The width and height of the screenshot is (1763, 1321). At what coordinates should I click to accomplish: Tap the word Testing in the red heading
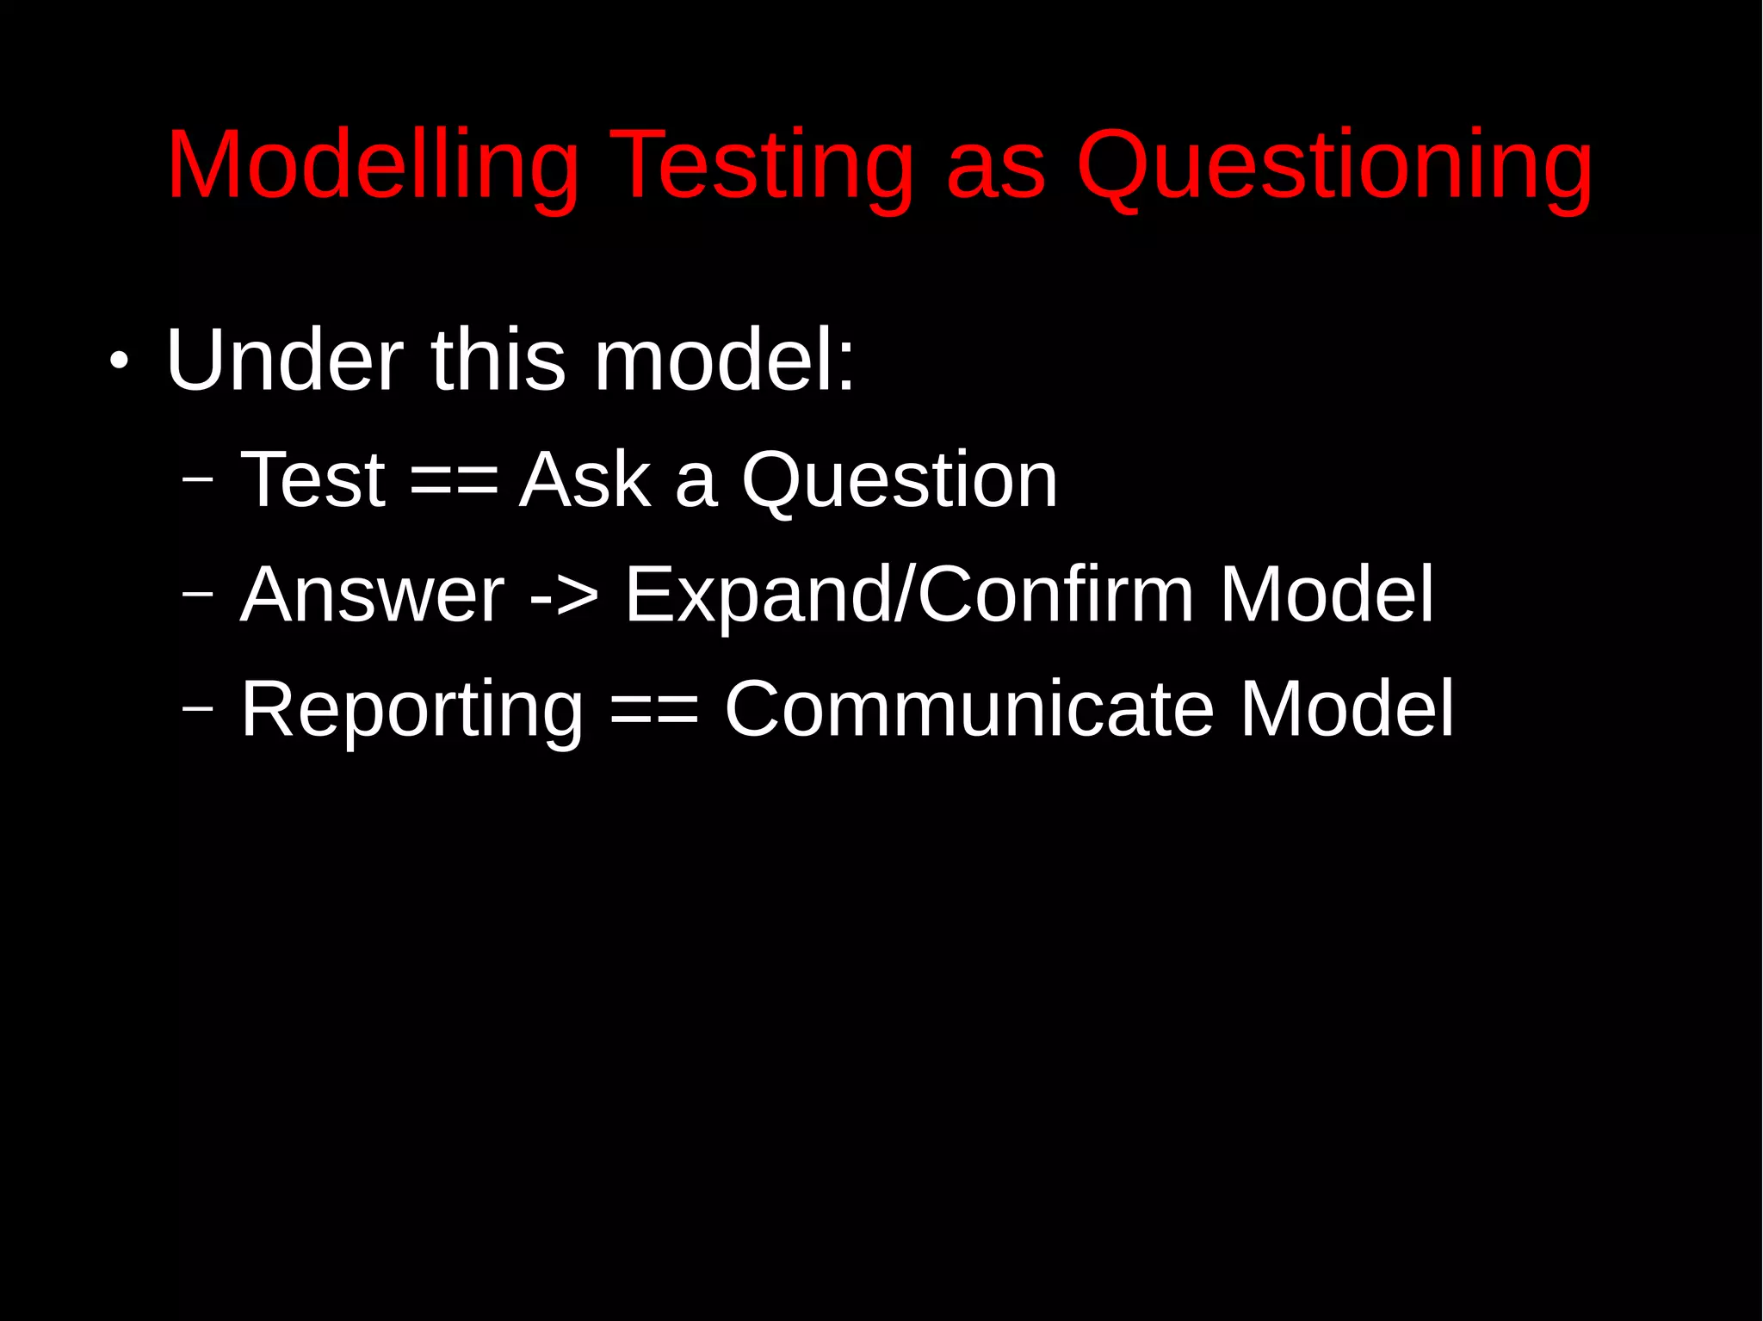tap(762, 165)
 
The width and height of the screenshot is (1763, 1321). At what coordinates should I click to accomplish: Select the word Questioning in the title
tap(1334, 165)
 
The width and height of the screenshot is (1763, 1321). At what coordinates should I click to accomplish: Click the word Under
tap(284, 360)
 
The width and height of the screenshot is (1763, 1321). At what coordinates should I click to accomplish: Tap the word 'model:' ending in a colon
tap(725, 360)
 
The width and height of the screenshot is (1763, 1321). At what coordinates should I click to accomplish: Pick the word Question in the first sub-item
tap(900, 479)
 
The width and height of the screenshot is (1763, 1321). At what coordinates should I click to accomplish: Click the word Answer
tap(372, 595)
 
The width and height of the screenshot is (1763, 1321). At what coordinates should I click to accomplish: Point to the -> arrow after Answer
tap(564, 596)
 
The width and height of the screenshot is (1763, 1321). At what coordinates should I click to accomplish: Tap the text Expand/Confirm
tap(909, 595)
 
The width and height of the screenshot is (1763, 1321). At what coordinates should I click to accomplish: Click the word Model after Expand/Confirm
tap(1327, 595)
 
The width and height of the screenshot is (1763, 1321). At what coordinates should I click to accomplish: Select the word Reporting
tap(411, 710)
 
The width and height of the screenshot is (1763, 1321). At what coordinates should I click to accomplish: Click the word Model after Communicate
tap(1346, 709)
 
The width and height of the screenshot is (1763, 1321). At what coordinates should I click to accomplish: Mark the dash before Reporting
tap(198, 708)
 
